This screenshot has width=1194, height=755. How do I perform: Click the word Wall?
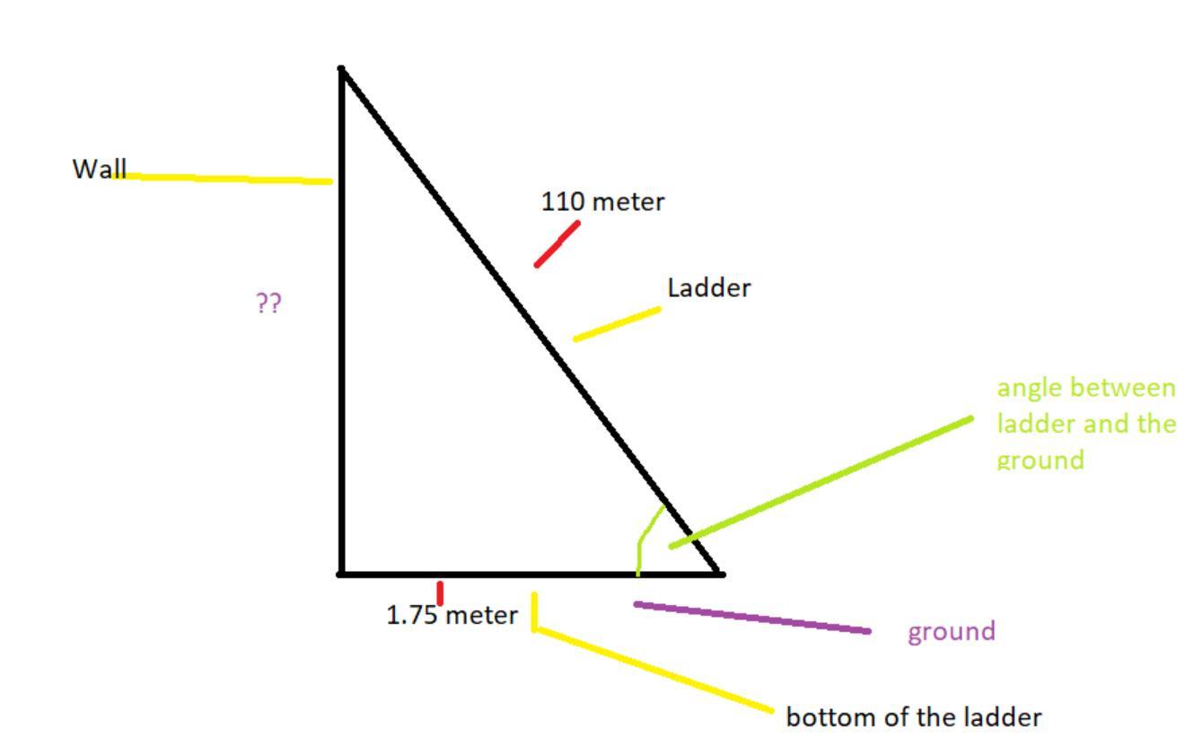coord(99,169)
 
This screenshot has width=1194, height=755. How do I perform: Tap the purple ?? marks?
coord(268,303)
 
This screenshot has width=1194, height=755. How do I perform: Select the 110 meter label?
coord(602,202)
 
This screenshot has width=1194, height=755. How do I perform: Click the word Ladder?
coord(708,288)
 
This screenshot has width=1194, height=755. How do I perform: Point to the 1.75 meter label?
coord(452,616)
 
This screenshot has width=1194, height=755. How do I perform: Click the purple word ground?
coord(951,631)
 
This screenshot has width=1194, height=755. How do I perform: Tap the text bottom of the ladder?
coord(913,717)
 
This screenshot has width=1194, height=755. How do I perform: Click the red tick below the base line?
coord(440,593)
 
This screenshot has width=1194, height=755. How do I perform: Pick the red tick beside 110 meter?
coord(557,244)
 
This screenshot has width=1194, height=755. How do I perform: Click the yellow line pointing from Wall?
coord(229,178)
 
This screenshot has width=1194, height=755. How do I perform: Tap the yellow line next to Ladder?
coord(617,324)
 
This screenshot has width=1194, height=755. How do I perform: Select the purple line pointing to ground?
coord(752,618)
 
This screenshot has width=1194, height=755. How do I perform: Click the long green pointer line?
coord(821,482)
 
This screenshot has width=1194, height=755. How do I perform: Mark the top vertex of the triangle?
coord(342,68)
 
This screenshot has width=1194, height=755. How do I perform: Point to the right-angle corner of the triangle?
coord(342,573)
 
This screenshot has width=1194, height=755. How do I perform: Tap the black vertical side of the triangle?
coord(342,359)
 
